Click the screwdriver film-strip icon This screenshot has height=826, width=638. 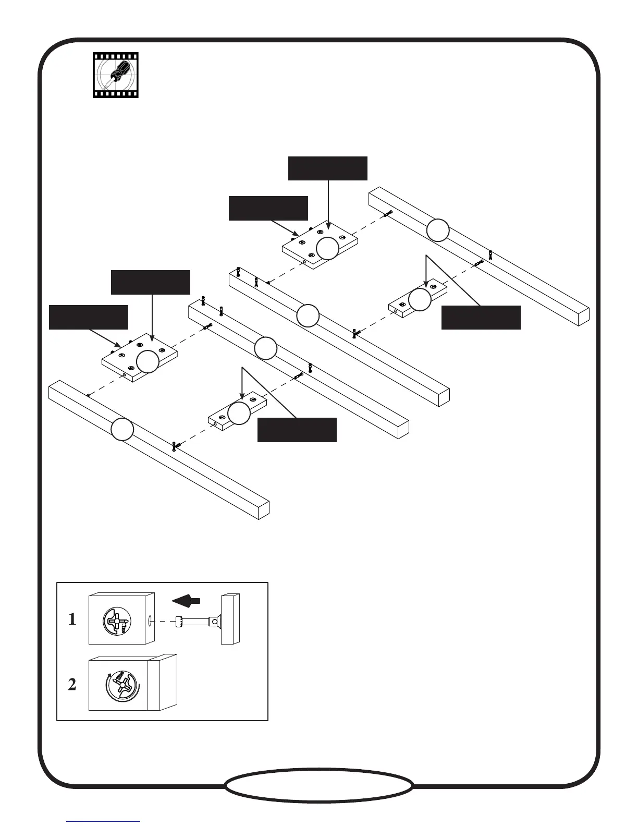(116, 75)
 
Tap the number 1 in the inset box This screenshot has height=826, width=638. (72, 620)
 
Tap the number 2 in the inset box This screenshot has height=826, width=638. (72, 685)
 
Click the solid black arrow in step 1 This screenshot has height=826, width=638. (186, 601)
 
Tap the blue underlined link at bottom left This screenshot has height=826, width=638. (103, 821)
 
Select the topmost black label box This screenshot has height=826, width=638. (328, 168)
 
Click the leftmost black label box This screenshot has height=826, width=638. (88, 317)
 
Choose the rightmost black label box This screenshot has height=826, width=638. (481, 318)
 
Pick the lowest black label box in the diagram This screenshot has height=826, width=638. (297, 430)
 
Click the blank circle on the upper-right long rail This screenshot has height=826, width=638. (438, 230)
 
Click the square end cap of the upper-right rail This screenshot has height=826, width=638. (583, 316)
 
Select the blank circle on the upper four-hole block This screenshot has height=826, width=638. (327, 248)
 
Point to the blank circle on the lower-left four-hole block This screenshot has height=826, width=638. (148, 361)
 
